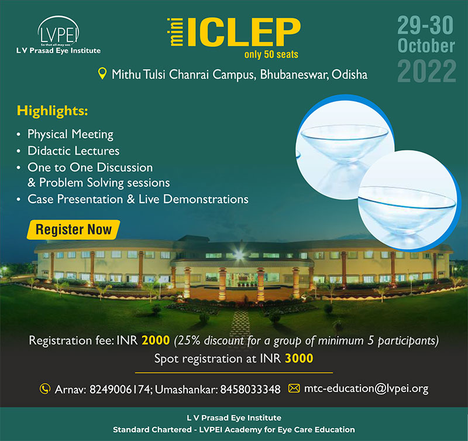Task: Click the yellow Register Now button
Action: [x=74, y=230]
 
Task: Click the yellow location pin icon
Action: [x=102, y=74]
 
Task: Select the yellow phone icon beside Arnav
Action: [x=45, y=389]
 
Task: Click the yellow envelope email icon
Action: [x=294, y=388]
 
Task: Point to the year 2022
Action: [x=427, y=71]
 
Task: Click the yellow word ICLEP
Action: [x=244, y=32]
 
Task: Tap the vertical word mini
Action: [x=177, y=32]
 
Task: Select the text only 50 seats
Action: [x=271, y=54]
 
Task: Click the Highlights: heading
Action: [x=53, y=111]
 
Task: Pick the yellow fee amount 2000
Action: [x=156, y=340]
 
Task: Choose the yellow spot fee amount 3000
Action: [x=299, y=358]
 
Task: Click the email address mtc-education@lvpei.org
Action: [x=366, y=388]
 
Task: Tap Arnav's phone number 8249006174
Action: [x=120, y=389]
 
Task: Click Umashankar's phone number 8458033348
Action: [x=250, y=389]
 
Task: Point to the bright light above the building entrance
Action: [x=239, y=255]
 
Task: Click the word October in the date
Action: [x=426, y=46]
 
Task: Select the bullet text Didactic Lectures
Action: [x=74, y=151]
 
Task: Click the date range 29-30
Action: [x=425, y=25]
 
